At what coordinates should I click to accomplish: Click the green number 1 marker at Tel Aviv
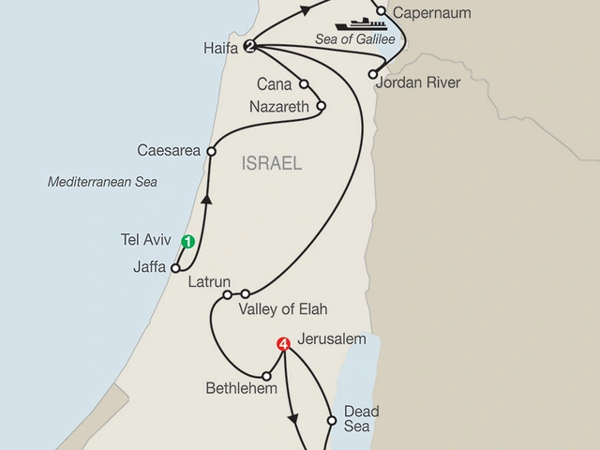point(187,242)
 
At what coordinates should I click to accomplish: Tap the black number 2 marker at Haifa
point(249,45)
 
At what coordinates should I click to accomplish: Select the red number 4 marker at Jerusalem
point(283,345)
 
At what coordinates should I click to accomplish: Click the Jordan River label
point(417,82)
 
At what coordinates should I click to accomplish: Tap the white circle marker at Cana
point(304,83)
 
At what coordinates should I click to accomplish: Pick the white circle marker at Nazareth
point(321,106)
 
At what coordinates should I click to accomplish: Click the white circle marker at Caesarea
point(212,150)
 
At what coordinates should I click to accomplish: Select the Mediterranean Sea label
point(103,182)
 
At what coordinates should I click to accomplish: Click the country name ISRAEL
point(272,164)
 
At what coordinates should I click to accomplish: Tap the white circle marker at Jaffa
point(175,267)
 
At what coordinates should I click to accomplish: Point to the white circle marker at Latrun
point(227,294)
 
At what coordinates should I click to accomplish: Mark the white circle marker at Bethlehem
point(266,376)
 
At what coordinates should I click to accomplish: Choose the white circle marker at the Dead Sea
point(331,420)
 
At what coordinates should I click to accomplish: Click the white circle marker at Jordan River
point(373,72)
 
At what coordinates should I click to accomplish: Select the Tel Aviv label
point(148,239)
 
